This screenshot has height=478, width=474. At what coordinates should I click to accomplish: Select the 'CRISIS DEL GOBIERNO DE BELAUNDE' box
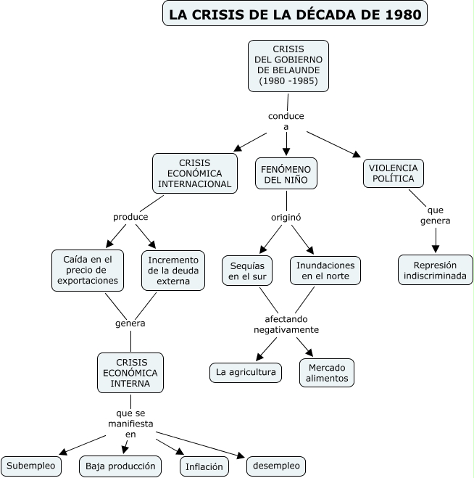coord(288,65)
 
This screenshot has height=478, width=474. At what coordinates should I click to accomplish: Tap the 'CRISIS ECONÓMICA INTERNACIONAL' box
coord(195,173)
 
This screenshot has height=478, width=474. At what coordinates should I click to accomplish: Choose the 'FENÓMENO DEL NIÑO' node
coord(286,173)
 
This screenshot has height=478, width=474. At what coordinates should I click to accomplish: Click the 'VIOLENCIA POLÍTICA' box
coord(393,173)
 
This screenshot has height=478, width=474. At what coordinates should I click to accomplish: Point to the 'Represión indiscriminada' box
coord(435,270)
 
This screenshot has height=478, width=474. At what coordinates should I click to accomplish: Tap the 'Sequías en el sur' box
coord(248,270)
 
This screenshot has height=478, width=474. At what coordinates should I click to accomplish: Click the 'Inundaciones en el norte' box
coord(325,270)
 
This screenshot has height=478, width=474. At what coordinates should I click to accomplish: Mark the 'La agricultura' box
coord(246,372)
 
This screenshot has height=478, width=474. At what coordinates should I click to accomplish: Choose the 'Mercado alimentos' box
coord(326,372)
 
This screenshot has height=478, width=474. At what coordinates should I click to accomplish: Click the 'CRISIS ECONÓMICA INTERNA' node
coord(130,372)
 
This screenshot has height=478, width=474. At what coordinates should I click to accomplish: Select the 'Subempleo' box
coord(31,466)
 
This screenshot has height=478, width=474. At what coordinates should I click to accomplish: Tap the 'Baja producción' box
coord(120,466)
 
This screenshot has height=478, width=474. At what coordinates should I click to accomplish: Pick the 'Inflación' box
coord(204,466)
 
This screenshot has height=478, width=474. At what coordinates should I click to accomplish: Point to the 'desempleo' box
coord(275,466)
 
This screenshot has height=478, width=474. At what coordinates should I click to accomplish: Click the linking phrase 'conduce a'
coord(286,121)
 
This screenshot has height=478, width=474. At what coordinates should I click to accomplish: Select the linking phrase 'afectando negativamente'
coord(286,324)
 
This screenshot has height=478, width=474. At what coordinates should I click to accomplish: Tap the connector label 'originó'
coord(286,217)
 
